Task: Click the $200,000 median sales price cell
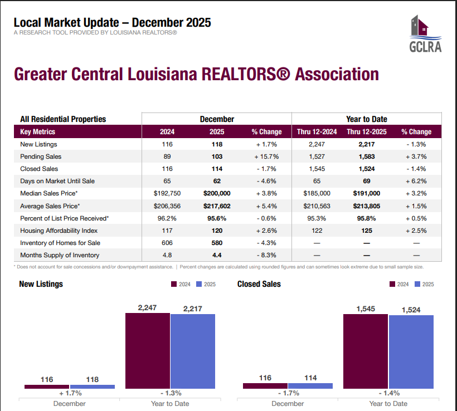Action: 217,193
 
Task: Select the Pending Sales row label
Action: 41,156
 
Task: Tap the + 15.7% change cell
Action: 266,156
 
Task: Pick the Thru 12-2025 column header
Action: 366,132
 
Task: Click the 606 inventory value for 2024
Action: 167,243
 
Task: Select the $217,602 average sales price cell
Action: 217,206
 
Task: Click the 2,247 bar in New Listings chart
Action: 147,350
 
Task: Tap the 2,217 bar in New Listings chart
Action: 192,351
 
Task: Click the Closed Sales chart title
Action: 259,284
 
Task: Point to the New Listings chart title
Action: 41,284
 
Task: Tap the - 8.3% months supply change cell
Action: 266,255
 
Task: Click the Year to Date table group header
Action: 366,119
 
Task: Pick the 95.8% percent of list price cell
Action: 366,218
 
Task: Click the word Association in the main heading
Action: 338,74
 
